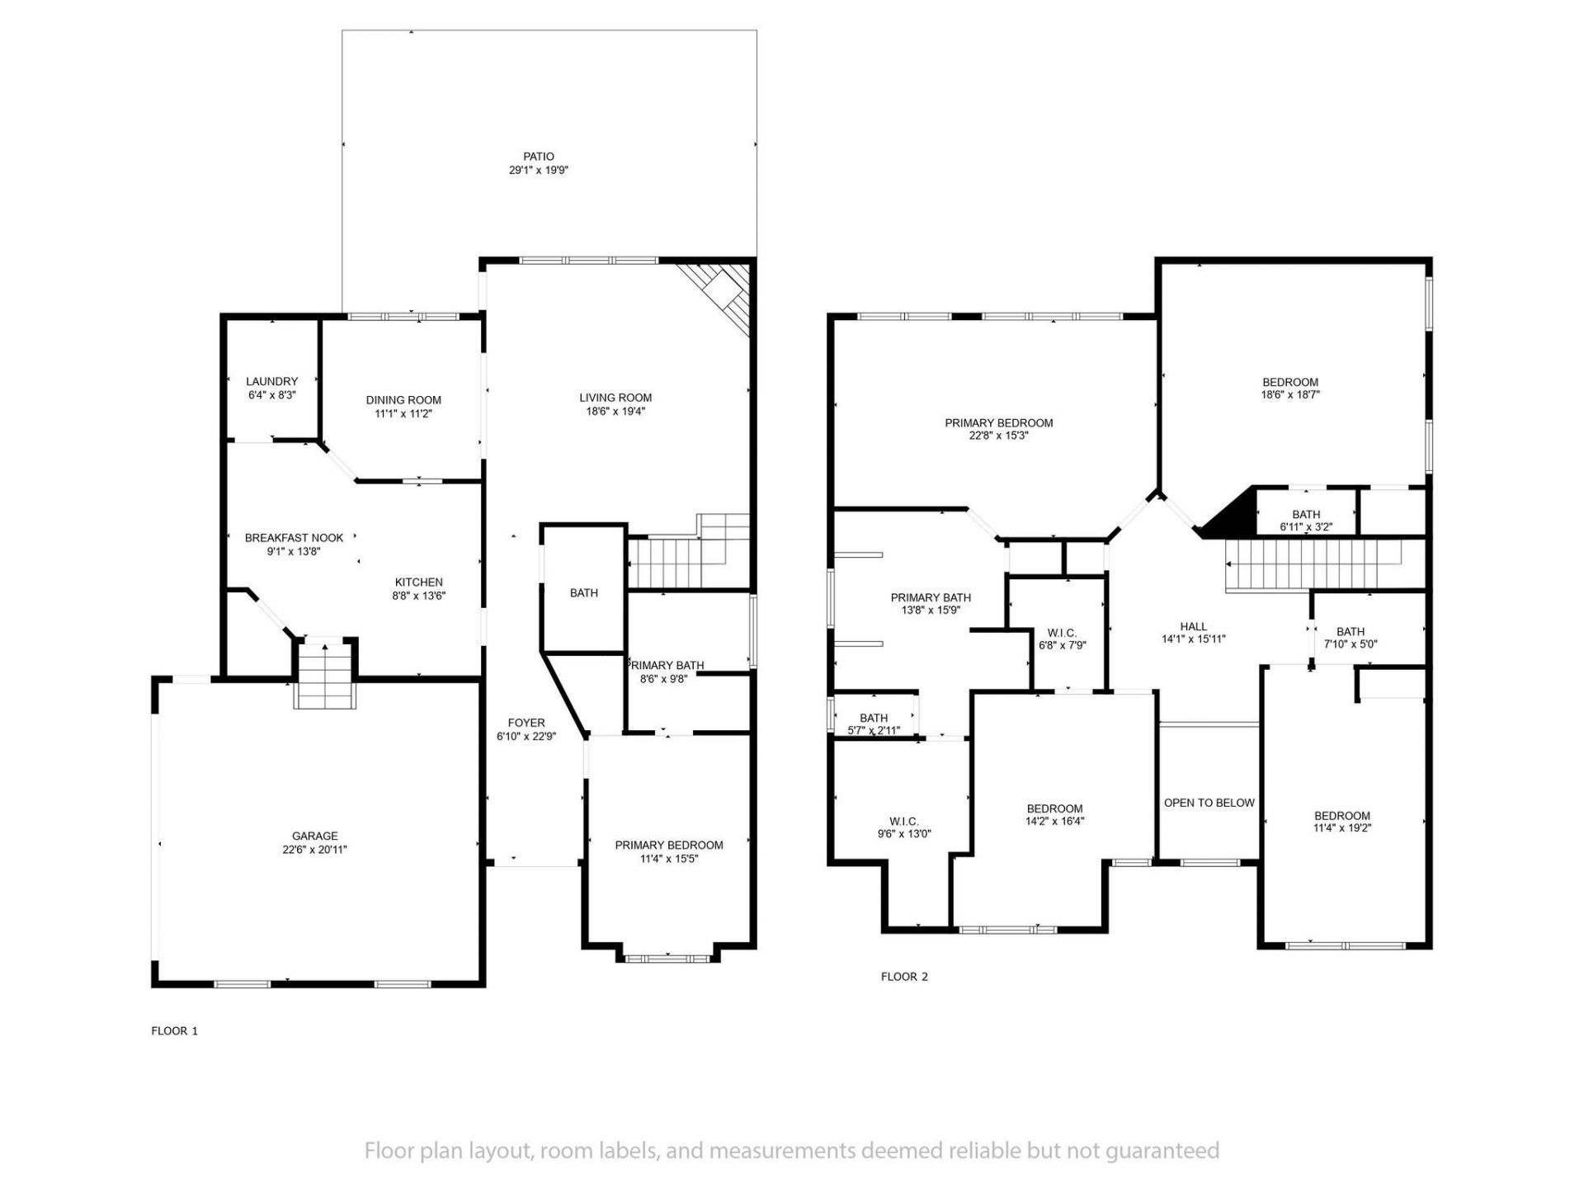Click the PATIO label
click(539, 157)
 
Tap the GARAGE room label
click(314, 836)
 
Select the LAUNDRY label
click(271, 381)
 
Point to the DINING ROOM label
click(403, 400)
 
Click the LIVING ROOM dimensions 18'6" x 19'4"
click(615, 411)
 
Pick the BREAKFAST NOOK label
click(294, 538)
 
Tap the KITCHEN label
click(418, 582)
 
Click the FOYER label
click(526, 723)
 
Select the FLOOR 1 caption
click(174, 1030)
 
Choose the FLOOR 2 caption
click(904, 977)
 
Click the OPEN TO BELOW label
click(1209, 803)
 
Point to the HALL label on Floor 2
click(1193, 626)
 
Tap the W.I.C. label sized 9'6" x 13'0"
click(904, 821)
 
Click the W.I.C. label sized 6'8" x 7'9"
click(1062, 633)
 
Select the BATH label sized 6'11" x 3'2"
click(1306, 514)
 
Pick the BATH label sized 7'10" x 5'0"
click(1351, 632)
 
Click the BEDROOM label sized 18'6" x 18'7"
click(1290, 382)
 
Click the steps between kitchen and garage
click(326, 673)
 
